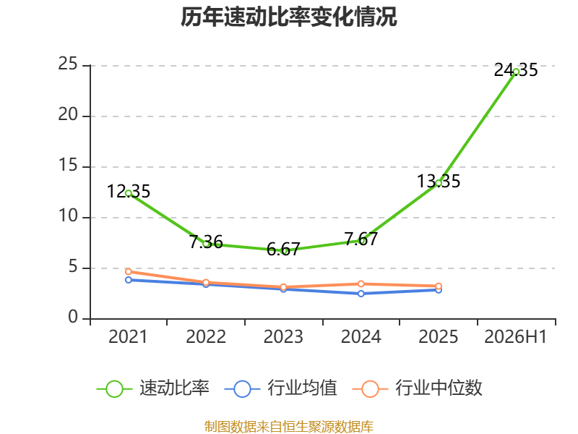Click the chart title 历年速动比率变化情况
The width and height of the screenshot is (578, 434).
pyautogui.click(x=288, y=17)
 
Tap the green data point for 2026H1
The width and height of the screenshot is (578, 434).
pyautogui.click(x=516, y=72)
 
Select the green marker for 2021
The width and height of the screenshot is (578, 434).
pyautogui.click(x=129, y=193)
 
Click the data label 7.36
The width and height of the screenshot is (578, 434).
pyautogui.click(x=206, y=242)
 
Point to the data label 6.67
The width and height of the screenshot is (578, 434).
pyautogui.click(x=283, y=250)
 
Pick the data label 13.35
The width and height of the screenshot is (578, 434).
pyautogui.click(x=439, y=182)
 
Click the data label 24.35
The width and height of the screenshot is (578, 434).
pyautogui.click(x=516, y=70)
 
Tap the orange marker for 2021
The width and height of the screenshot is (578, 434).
pyautogui.click(x=129, y=272)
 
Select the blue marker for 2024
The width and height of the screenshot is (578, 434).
pyautogui.click(x=361, y=294)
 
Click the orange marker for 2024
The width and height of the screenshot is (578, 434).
pyautogui.click(x=361, y=284)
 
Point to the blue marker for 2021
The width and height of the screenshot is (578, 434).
pyautogui.click(x=129, y=280)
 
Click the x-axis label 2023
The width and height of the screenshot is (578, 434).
pyautogui.click(x=283, y=337)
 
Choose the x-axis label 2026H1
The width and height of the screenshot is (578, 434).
pyautogui.click(x=516, y=337)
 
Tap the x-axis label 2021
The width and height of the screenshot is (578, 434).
pyautogui.click(x=128, y=337)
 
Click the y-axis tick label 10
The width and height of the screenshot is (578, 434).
pyautogui.click(x=68, y=216)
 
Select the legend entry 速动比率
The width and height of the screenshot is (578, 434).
pyautogui.click(x=153, y=388)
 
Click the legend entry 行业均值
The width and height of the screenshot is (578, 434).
pyautogui.click(x=281, y=388)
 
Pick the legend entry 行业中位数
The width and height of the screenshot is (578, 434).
pyautogui.click(x=418, y=388)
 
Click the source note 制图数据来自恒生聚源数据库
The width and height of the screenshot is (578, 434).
pyautogui.click(x=289, y=427)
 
